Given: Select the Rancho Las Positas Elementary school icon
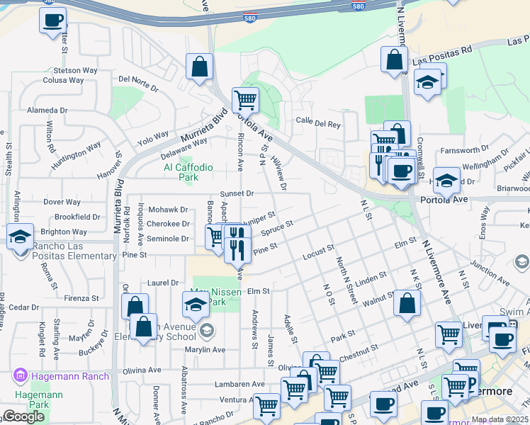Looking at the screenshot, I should pos(20,237).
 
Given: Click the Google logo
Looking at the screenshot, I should pos(23,417).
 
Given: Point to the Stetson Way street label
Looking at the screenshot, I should pos(75,71).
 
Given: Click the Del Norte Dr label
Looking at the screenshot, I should pos(139,83).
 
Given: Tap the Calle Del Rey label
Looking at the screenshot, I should pos(318,123).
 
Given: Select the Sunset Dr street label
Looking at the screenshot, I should pos(237,193).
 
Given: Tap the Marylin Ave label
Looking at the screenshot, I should pos(205,350).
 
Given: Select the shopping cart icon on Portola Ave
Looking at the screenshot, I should pos(245,100).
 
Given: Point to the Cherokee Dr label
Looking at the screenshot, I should pos(169,224).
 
